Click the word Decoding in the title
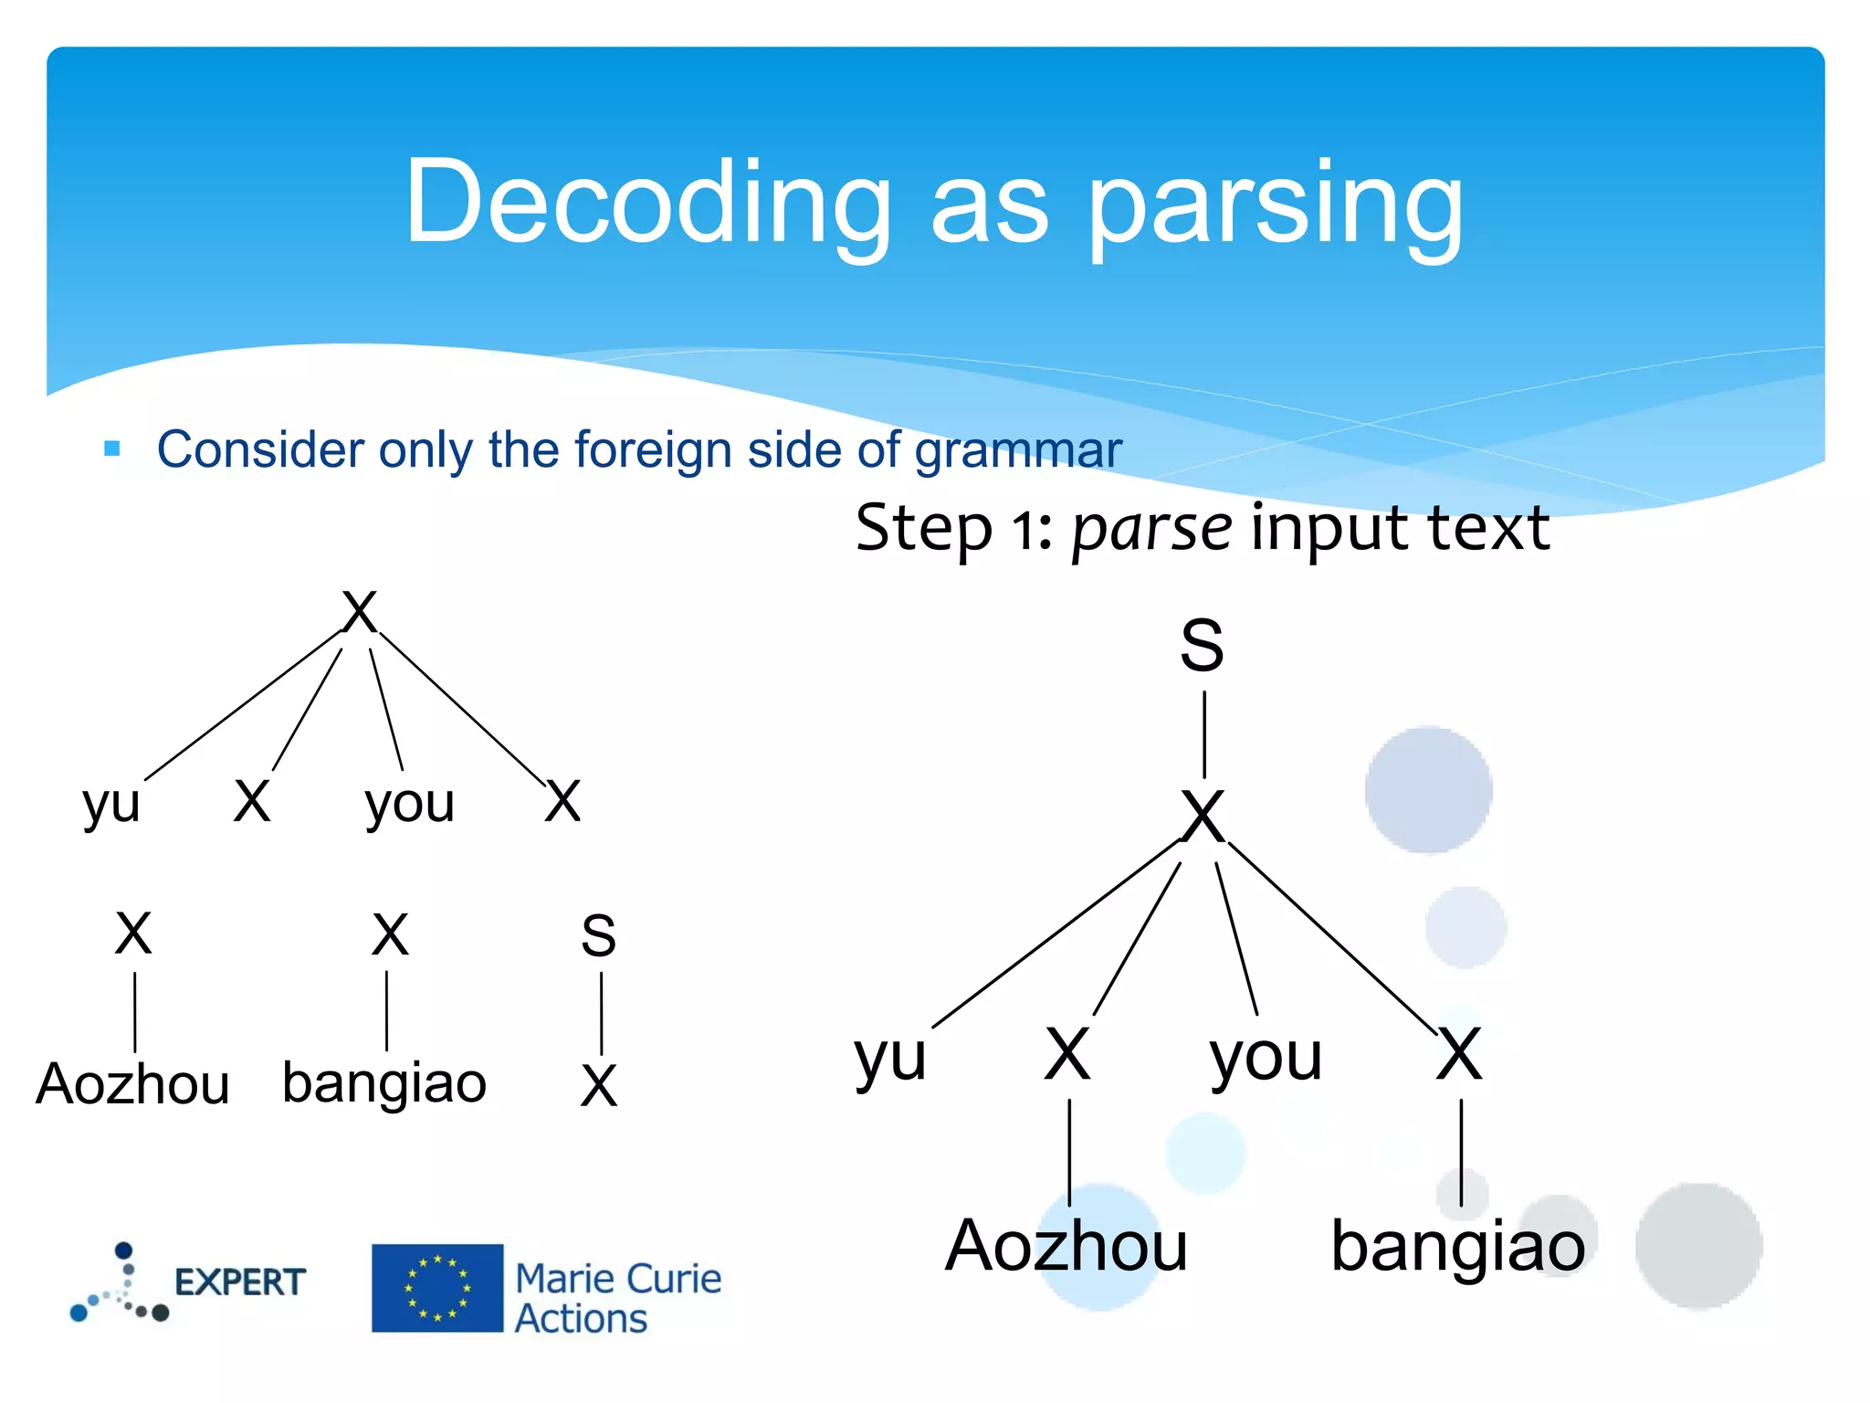pyautogui.click(x=647, y=203)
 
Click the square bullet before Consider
pyautogui.click(x=112, y=448)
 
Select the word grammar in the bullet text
pyautogui.click(x=1018, y=450)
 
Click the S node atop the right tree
pyautogui.click(x=1202, y=645)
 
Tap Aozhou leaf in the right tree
pyautogui.click(x=1066, y=1246)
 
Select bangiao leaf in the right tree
pyautogui.click(x=1457, y=1246)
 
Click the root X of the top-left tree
pyautogui.click(x=359, y=612)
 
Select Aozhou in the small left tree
pyautogui.click(x=133, y=1084)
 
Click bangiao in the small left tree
pyautogui.click(x=384, y=1083)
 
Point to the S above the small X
pyautogui.click(x=599, y=935)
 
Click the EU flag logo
pyautogui.click(x=436, y=1288)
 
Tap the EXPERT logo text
pyautogui.click(x=239, y=1282)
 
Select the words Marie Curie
pyautogui.click(x=618, y=1279)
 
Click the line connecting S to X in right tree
pyautogui.click(x=1204, y=733)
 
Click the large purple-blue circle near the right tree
pyautogui.click(x=1428, y=790)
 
